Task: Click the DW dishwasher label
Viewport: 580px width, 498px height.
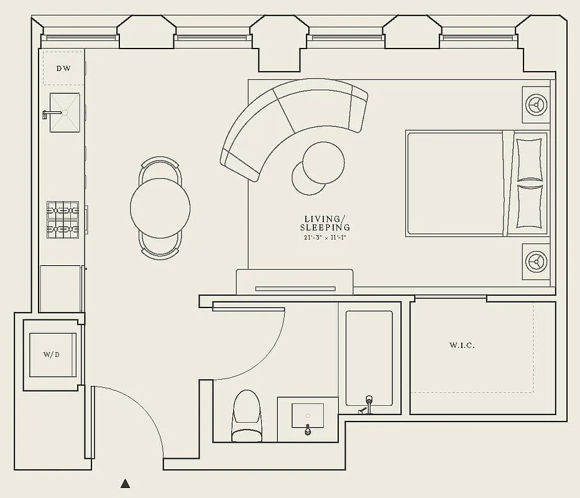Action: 63,68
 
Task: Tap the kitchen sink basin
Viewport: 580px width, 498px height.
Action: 65,113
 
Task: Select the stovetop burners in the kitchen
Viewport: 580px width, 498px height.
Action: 63,220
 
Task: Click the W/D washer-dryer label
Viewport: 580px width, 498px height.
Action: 52,355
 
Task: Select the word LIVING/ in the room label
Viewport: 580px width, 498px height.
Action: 324,219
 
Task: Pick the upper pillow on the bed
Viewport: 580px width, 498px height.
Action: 530,159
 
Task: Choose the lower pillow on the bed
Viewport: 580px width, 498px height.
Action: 530,206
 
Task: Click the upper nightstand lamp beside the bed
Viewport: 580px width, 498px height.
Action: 535,103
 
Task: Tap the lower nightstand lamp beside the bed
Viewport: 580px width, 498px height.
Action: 535,261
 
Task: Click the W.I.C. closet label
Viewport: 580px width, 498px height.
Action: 462,345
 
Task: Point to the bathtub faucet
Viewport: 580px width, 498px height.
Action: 367,403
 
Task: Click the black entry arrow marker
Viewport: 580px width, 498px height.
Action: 126,483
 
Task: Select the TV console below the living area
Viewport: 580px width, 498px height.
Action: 295,283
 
